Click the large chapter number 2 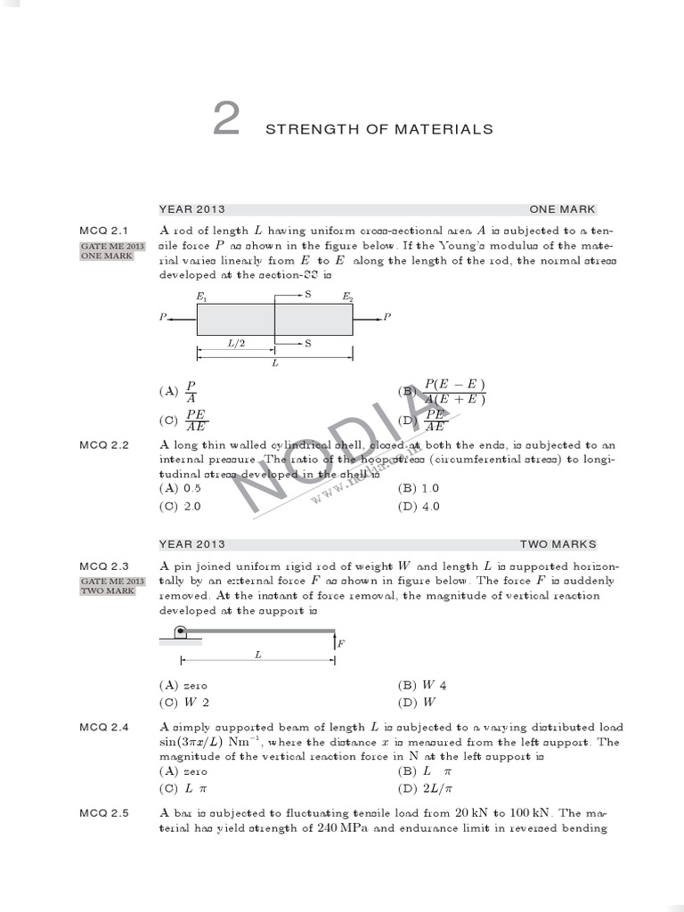226,120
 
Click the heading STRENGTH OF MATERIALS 379,130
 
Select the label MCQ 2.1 104,231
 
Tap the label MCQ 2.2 104,444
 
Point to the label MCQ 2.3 104,566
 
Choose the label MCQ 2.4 104,728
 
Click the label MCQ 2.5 104,813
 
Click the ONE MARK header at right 563,209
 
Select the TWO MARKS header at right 558,544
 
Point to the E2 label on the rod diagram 348,296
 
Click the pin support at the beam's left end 179,633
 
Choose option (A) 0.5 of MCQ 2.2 180,488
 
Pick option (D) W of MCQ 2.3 415,702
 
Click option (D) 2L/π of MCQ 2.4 426,788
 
